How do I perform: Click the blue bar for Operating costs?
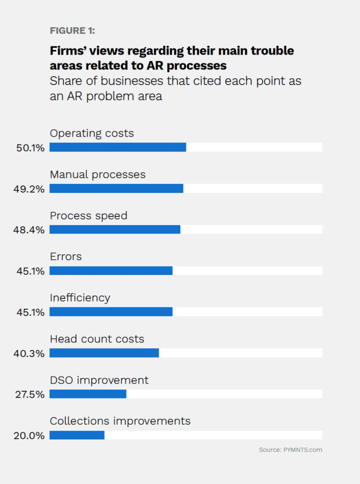point(118,147)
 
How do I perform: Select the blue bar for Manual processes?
point(116,189)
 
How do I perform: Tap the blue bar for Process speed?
point(115,229)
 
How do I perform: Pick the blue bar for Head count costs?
point(104,353)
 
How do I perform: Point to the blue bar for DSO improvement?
point(88,394)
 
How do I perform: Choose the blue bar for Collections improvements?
point(77,435)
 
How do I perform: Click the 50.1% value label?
point(30,148)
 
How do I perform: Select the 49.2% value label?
point(30,189)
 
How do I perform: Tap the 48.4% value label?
point(30,230)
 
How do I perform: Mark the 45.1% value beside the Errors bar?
point(30,271)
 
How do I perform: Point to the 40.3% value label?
point(30,353)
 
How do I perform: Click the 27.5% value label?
point(30,395)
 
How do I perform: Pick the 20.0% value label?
point(30,436)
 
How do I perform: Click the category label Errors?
point(66,257)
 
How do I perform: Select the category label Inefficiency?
point(80,298)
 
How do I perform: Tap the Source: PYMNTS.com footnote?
point(290,450)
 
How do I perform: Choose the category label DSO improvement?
point(99,380)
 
